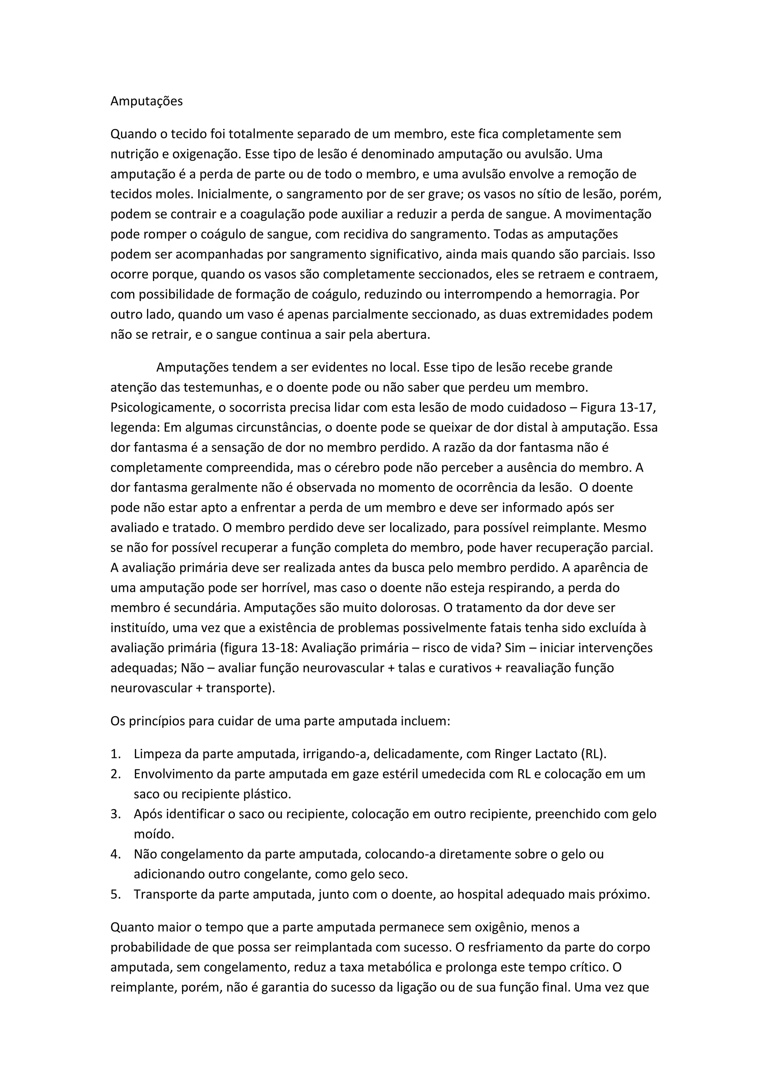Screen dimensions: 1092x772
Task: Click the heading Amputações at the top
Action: pyautogui.click(x=146, y=101)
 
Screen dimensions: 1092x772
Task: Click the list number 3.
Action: pyautogui.click(x=115, y=814)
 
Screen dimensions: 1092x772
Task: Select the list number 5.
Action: pyautogui.click(x=115, y=894)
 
